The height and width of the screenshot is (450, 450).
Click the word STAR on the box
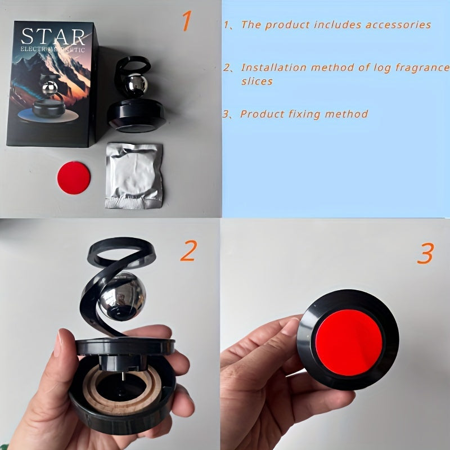pos(53,37)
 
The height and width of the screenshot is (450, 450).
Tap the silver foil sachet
pos(134,175)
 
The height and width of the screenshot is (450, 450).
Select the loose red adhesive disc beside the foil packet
pos(74,178)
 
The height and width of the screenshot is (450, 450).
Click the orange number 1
pos(187,20)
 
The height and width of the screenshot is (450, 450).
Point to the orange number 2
pos(189,250)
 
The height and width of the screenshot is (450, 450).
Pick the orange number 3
pos(426,253)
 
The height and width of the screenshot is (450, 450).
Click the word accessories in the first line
pos(398,25)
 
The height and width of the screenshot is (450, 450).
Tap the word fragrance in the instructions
pos(423,68)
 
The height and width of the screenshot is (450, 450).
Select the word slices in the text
pos(257,81)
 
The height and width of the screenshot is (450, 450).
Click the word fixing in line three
pos(304,114)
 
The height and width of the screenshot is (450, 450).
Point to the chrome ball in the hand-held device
pos(121,296)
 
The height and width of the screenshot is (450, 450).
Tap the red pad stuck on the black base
pos(349,343)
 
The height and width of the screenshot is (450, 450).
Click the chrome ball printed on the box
pos(50,88)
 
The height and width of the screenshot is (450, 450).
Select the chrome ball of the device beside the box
pos(135,85)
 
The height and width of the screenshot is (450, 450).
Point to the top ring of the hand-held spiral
pos(122,252)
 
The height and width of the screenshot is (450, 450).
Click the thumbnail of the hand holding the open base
pos(58,342)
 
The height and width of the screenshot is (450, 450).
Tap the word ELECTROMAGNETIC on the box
pos(52,49)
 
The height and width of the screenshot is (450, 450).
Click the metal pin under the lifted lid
pos(123,376)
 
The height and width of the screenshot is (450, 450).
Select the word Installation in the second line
pos(274,67)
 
